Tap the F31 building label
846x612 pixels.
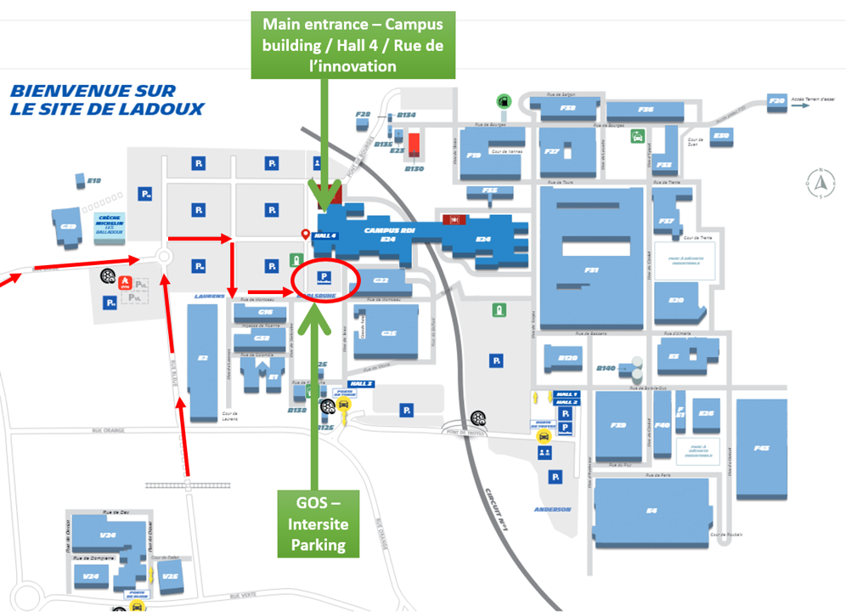[x=592, y=269]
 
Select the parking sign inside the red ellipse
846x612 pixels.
[x=324, y=275]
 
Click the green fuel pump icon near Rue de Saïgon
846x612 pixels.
[x=503, y=99]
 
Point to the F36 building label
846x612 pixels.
[x=646, y=109]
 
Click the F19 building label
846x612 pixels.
[x=474, y=155]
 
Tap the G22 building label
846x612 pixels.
[x=381, y=280]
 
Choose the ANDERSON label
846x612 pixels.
[x=552, y=509]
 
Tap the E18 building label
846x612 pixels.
[x=93, y=180]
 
